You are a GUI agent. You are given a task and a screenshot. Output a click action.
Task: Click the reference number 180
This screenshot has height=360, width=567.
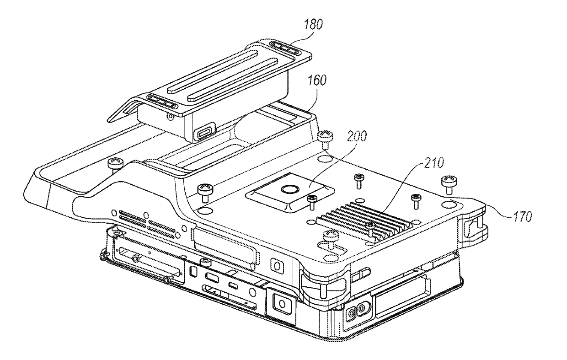coord(313,24)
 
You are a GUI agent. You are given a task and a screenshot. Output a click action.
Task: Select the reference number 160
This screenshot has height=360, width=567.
coord(317,81)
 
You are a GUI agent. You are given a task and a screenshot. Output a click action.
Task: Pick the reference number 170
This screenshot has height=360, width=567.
coord(521,215)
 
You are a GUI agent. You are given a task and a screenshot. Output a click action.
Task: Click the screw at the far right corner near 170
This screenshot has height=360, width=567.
coord(449,182)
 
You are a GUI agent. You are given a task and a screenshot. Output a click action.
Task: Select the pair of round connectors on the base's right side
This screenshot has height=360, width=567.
coord(357,309)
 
